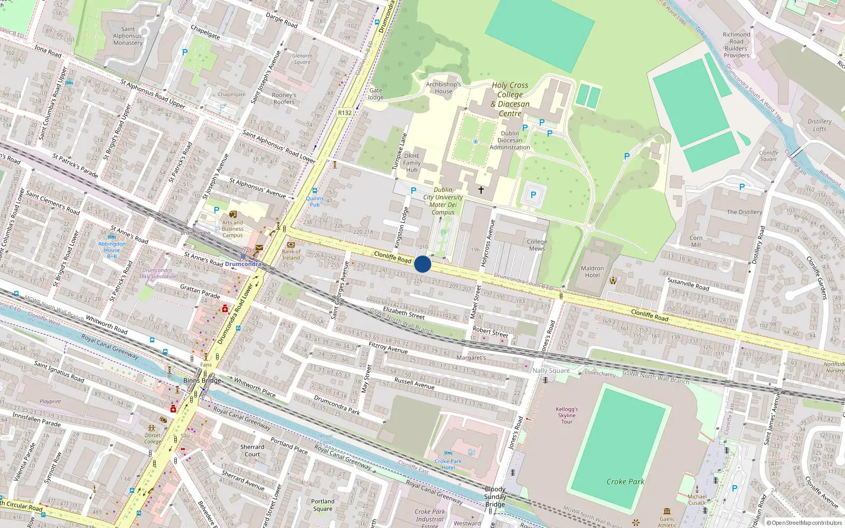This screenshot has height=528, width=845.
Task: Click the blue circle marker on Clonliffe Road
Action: click(x=422, y=264)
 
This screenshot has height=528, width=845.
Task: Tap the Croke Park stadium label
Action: click(x=625, y=482)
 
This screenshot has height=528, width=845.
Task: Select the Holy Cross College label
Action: click(x=510, y=99)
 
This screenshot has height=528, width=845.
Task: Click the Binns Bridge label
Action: click(x=202, y=380)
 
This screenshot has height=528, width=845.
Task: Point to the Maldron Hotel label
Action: click(x=592, y=271)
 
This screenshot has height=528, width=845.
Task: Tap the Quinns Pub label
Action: click(x=315, y=201)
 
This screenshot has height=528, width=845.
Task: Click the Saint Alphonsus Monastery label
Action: click(x=128, y=36)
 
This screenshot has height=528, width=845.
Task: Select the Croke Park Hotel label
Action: click(x=448, y=464)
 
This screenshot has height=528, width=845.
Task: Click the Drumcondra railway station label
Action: click(x=243, y=263)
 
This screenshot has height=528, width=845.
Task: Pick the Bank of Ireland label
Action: click(x=291, y=254)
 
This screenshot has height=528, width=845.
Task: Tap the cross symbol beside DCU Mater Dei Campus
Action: click(x=481, y=190)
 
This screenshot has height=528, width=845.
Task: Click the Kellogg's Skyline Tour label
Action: click(x=567, y=415)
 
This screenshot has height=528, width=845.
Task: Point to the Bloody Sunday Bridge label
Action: click(x=495, y=496)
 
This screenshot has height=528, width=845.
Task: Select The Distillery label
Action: click(x=744, y=212)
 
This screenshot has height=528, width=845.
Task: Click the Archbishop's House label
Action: click(x=444, y=88)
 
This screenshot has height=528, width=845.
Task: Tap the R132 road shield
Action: click(x=345, y=112)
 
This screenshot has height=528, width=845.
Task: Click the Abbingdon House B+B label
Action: click(x=112, y=250)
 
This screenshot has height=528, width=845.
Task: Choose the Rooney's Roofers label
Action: click(x=284, y=99)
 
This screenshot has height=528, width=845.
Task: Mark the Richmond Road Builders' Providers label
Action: click(x=736, y=45)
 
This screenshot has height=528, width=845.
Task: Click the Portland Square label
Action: click(x=323, y=505)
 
